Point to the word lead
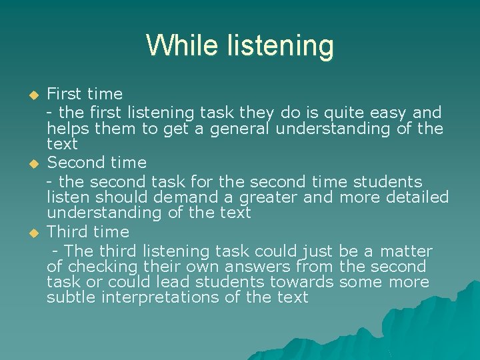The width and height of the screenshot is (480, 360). pyautogui.click(x=181, y=282)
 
